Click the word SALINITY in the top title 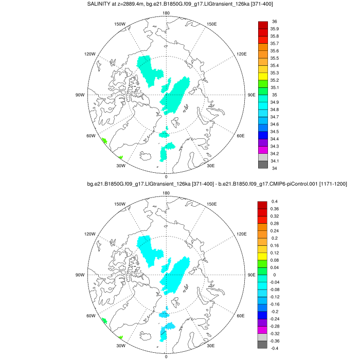tap(103, 5)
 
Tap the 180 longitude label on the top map tap(166, 14)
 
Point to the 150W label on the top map tap(120, 24)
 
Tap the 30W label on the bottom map tap(120, 346)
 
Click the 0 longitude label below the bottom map tap(166, 356)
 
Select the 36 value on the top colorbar tap(274, 22)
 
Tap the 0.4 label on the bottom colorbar tap(274, 201)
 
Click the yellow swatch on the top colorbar tap(262, 77)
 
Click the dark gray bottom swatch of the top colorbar tap(262, 165)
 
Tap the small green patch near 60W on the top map tap(104, 140)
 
